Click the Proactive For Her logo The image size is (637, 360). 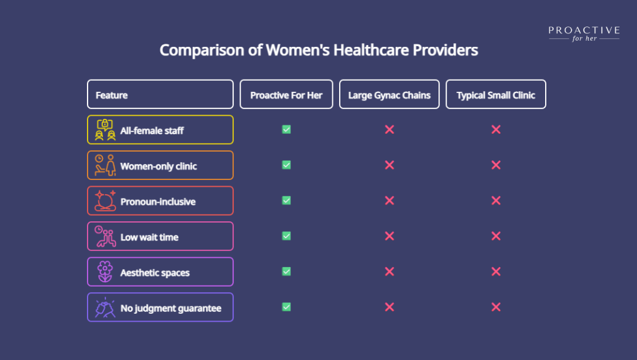click(x=584, y=33)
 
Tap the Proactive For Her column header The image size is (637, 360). click(x=286, y=95)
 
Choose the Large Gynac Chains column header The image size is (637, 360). click(x=389, y=95)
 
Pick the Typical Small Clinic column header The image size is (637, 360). click(x=496, y=95)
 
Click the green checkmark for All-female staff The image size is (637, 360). click(x=286, y=129)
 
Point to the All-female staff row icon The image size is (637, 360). click(x=105, y=130)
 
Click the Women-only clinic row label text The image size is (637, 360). click(x=158, y=166)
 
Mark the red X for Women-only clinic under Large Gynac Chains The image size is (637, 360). click(x=389, y=165)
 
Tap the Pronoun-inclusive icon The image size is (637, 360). click(x=105, y=201)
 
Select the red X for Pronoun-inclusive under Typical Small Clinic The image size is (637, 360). click(x=496, y=200)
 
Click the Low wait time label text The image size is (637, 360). click(x=149, y=237)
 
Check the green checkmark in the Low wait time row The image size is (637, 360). click(x=286, y=236)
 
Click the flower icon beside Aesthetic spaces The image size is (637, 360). click(x=105, y=272)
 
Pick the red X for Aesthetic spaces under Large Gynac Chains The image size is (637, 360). click(x=389, y=271)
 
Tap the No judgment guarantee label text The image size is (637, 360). click(x=171, y=308)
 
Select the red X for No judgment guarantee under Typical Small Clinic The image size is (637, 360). click(x=496, y=307)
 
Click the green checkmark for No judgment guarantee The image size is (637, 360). click(x=286, y=307)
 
